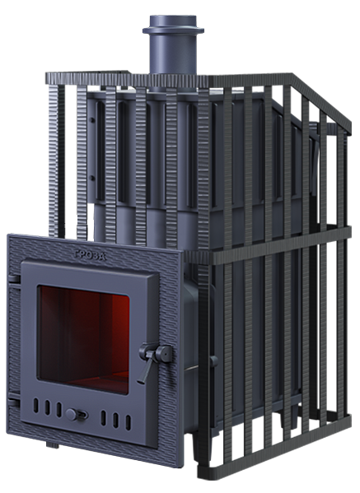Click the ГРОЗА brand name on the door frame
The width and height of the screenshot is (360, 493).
click(x=91, y=255)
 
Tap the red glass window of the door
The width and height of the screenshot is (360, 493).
click(x=83, y=338)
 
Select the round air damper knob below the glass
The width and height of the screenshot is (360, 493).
click(x=72, y=414)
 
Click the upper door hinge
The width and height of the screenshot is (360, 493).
click(x=13, y=278)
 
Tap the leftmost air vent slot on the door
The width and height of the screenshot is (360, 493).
click(x=36, y=406)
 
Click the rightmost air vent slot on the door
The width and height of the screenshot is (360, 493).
click(x=128, y=422)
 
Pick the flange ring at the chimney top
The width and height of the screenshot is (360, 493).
click(x=173, y=30)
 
